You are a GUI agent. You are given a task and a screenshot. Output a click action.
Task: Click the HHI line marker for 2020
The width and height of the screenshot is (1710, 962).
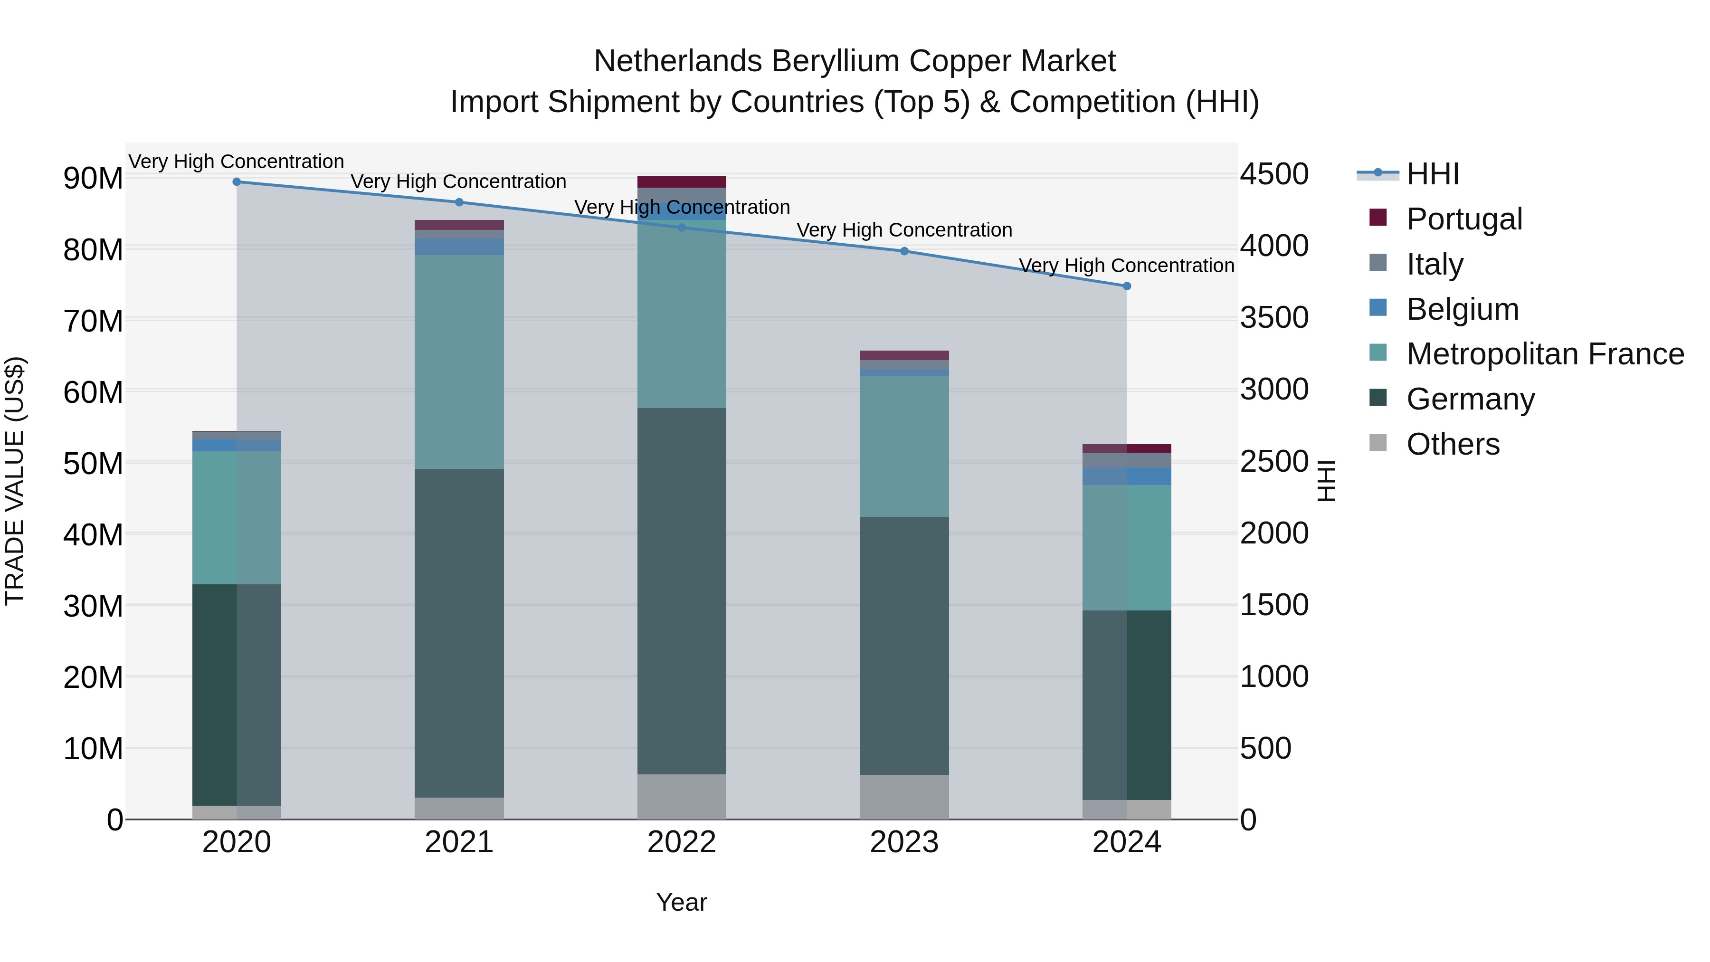237,181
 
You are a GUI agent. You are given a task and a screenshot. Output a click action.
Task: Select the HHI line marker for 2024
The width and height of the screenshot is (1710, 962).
1127,286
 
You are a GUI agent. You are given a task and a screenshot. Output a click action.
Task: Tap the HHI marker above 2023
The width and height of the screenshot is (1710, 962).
904,251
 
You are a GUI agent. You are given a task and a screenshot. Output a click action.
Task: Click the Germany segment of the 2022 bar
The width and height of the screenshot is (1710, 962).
682,591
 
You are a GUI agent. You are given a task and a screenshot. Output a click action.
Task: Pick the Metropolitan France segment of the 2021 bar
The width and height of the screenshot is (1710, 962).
459,362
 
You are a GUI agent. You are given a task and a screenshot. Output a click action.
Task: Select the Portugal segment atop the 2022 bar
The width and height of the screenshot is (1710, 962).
682,182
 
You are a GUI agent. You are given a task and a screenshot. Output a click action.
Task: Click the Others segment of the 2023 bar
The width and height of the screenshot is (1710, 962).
904,797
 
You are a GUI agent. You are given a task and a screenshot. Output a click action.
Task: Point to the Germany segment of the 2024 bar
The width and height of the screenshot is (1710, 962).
1127,705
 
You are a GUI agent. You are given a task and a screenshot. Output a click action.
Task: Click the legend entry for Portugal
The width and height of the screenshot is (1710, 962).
1464,219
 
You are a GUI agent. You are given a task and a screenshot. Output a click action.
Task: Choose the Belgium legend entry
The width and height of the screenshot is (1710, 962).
1463,309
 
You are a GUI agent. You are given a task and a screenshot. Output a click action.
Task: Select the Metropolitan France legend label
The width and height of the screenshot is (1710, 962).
1545,354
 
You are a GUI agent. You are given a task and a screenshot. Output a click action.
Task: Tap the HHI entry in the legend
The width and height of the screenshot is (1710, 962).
1433,174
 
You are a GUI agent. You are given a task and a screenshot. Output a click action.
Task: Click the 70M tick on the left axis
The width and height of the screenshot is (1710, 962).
93,321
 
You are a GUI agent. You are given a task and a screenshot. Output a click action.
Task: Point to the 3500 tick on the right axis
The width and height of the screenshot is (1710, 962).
1274,317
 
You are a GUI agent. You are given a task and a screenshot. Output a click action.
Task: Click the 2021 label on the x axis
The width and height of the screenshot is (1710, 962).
459,842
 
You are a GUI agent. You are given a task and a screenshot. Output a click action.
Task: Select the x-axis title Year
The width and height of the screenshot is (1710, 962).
682,902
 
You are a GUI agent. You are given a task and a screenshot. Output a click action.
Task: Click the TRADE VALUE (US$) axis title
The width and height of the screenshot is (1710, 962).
15,481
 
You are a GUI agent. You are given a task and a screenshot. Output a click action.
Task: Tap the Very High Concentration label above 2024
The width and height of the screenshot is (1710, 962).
1127,266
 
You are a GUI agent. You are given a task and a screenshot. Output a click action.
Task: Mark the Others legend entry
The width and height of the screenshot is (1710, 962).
1453,444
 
